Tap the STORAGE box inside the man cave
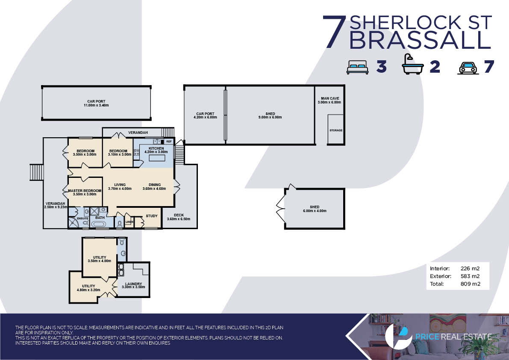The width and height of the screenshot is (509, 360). point(335,129)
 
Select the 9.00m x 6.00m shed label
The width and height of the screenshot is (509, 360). point(270,115)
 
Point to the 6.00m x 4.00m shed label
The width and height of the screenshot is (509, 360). point(314,209)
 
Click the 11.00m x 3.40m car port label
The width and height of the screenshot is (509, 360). point(96,103)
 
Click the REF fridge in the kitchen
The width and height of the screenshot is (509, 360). point(168,142)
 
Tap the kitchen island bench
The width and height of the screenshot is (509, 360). point(157,158)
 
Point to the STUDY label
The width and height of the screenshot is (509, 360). point(152,216)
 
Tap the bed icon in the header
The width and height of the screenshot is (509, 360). point(357,67)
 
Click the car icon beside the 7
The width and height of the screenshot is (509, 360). point(468,68)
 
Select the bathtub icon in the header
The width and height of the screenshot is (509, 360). point(412,65)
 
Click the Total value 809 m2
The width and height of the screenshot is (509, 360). point(470,284)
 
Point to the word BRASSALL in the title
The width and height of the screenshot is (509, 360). point(420,40)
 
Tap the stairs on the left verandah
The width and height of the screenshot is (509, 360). point(36,172)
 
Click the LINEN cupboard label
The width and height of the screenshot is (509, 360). point(129,222)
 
